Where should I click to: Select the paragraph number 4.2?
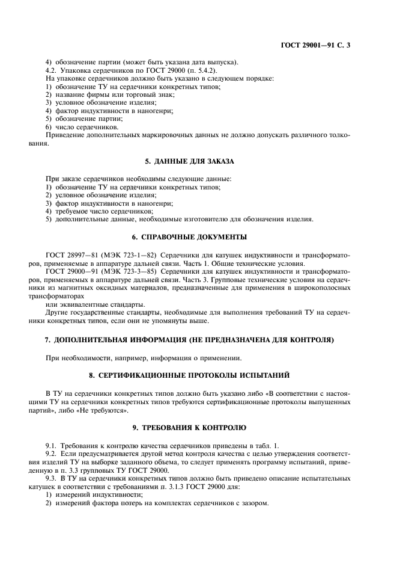52,70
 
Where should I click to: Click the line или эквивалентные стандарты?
95,304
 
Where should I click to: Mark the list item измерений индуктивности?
89,494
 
